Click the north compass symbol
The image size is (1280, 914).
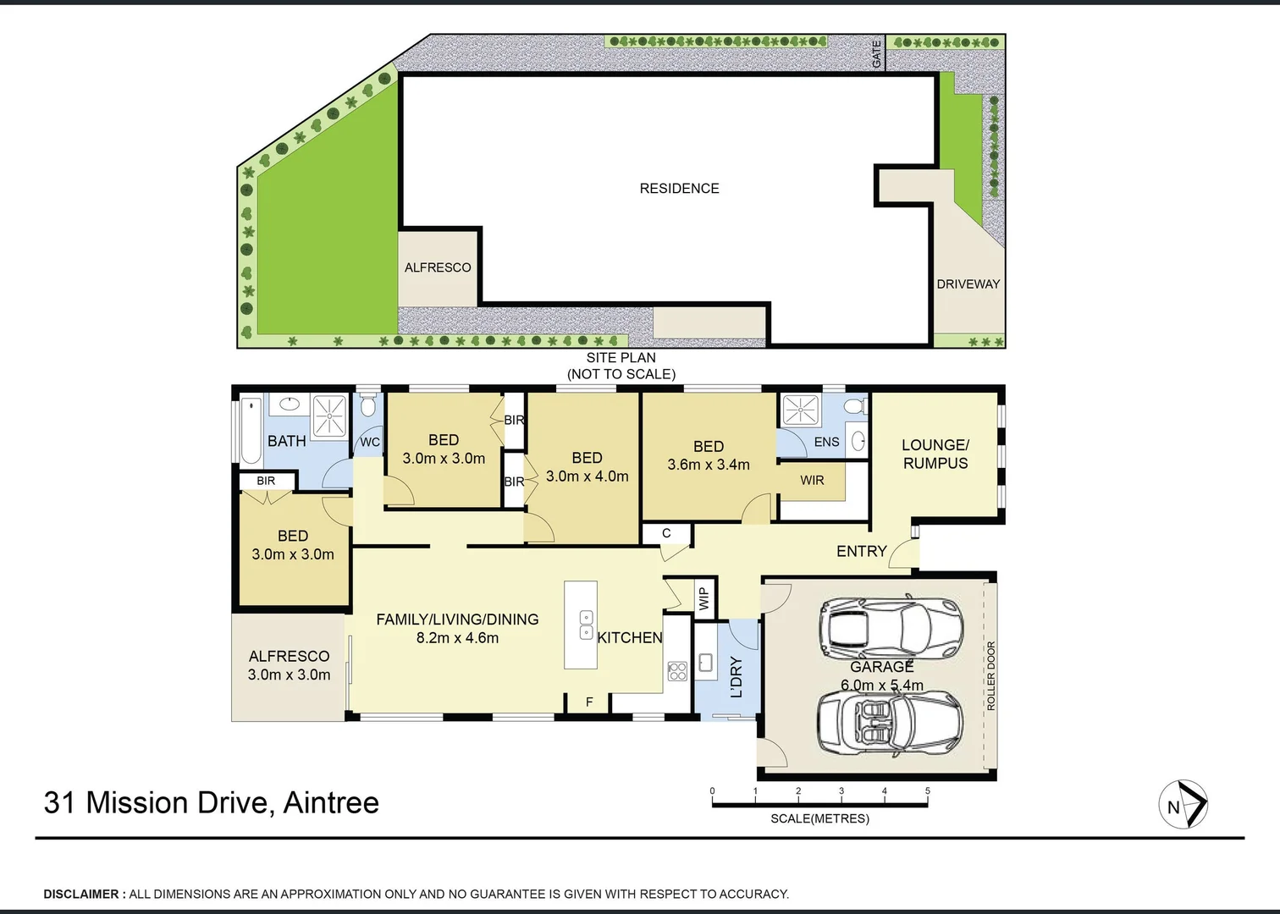[x=1183, y=804]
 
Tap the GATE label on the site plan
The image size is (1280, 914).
[x=877, y=54]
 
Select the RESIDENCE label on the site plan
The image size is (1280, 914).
[x=679, y=189]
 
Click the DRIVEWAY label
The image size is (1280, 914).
[x=968, y=284]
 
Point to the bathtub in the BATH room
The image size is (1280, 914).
[x=251, y=430]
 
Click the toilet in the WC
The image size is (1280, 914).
[x=367, y=405]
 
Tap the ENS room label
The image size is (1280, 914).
[x=826, y=442]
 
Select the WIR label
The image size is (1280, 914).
[x=812, y=481]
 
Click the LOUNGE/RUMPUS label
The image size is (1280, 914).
[x=935, y=454]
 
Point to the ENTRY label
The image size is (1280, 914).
[x=861, y=551]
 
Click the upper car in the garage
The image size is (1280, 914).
[x=891, y=626]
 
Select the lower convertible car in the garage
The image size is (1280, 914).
[x=889, y=722]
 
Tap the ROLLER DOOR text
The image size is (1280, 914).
[x=991, y=675]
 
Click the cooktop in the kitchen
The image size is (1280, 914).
[x=677, y=671]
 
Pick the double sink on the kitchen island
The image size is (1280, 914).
[x=586, y=625]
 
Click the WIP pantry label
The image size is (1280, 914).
[x=703, y=599]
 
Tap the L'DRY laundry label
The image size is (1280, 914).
[x=736, y=676]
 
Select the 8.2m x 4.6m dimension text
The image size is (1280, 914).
[x=457, y=638]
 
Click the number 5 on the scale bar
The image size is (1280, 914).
[x=927, y=791]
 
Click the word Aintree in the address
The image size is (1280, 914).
[x=331, y=802]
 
